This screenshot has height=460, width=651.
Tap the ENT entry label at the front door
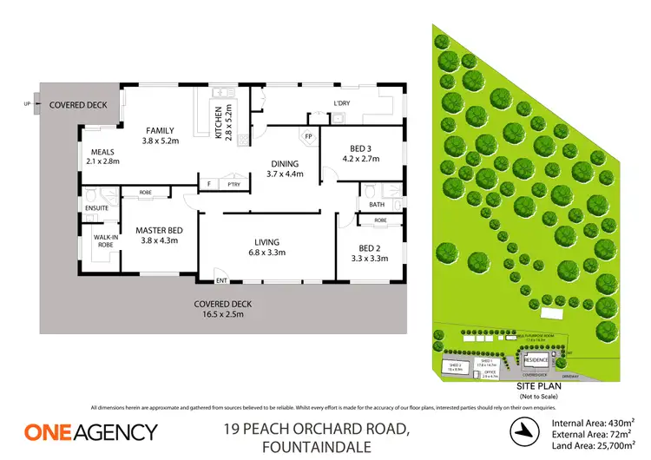[220, 279]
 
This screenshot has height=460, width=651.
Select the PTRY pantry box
[233, 184]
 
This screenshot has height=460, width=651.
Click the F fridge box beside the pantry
[208, 184]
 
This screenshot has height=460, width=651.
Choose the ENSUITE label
[97, 208]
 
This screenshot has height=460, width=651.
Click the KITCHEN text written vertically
[218, 122]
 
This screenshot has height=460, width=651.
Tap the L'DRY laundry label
[342, 105]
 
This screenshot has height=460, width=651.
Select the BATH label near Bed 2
[376, 205]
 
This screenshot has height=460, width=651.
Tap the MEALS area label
[102, 151]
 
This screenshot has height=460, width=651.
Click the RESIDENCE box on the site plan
[535, 358]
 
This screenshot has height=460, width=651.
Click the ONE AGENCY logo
[91, 431]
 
